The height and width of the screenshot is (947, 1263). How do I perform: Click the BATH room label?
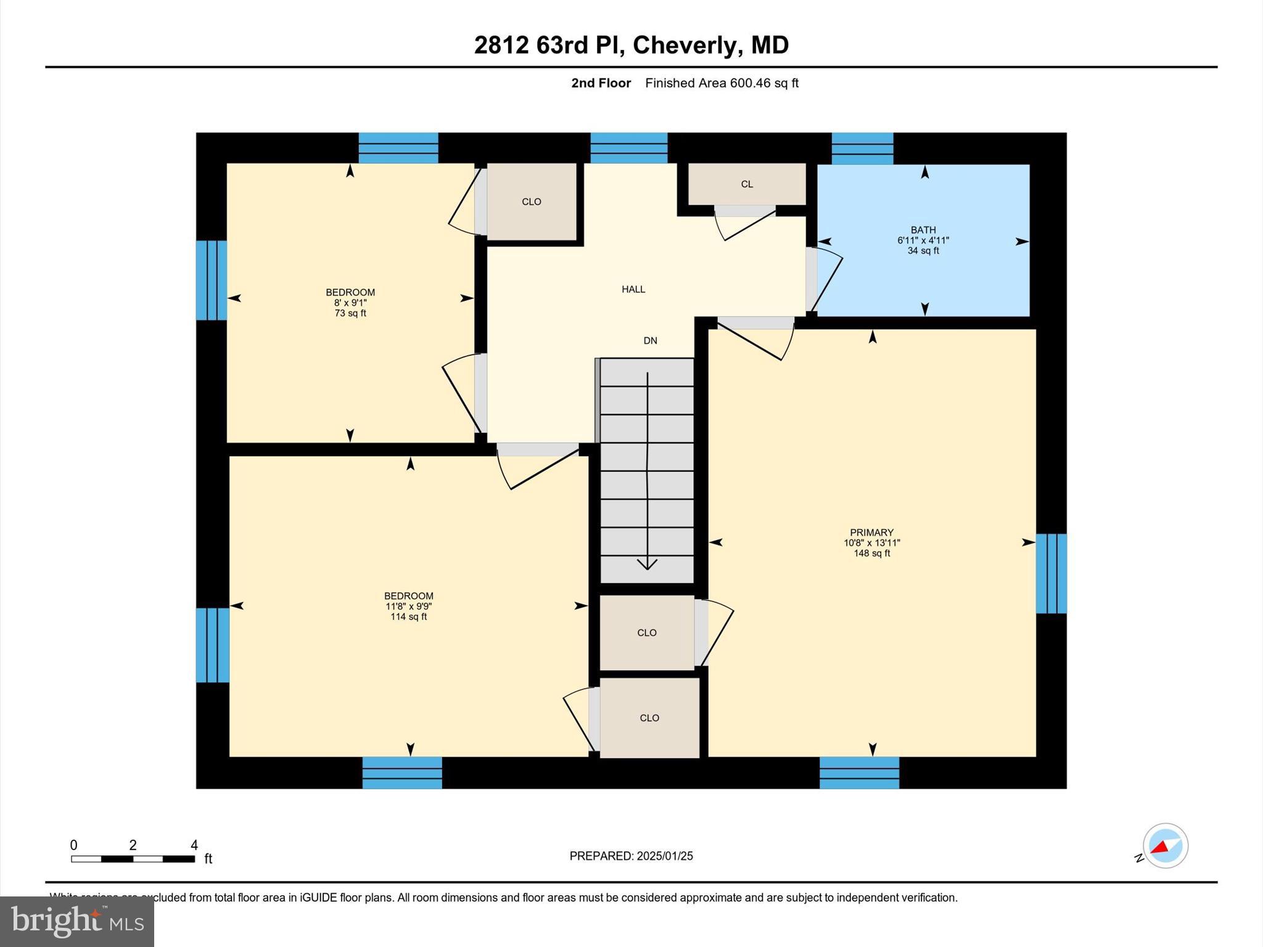click(923, 230)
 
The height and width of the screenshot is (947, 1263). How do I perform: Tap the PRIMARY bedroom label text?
click(871, 533)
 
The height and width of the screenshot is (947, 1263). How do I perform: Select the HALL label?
click(633, 289)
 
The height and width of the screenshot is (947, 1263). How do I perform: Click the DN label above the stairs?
click(650, 340)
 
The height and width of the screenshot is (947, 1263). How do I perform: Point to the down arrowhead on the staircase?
click(647, 564)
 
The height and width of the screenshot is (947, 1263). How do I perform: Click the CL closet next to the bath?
click(746, 184)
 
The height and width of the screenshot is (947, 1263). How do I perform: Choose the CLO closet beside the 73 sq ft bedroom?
click(531, 202)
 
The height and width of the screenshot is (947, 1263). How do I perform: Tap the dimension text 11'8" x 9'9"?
click(408, 607)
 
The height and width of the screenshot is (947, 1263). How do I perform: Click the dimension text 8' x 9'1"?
click(350, 303)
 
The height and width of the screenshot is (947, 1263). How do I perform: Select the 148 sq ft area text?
click(871, 554)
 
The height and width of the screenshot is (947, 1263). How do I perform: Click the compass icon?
click(1165, 846)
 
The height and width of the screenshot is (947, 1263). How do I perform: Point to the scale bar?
click(133, 858)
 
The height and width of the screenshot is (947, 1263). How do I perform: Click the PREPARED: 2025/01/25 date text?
click(631, 856)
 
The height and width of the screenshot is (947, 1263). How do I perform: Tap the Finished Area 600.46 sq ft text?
click(722, 83)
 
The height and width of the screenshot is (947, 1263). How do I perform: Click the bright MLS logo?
click(77, 921)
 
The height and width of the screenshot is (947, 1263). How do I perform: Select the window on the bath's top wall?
click(862, 148)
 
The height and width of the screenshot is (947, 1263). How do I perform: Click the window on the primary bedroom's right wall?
click(1051, 573)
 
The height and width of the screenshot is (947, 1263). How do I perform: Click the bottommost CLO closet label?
click(649, 718)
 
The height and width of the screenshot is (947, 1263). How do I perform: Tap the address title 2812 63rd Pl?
click(631, 45)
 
